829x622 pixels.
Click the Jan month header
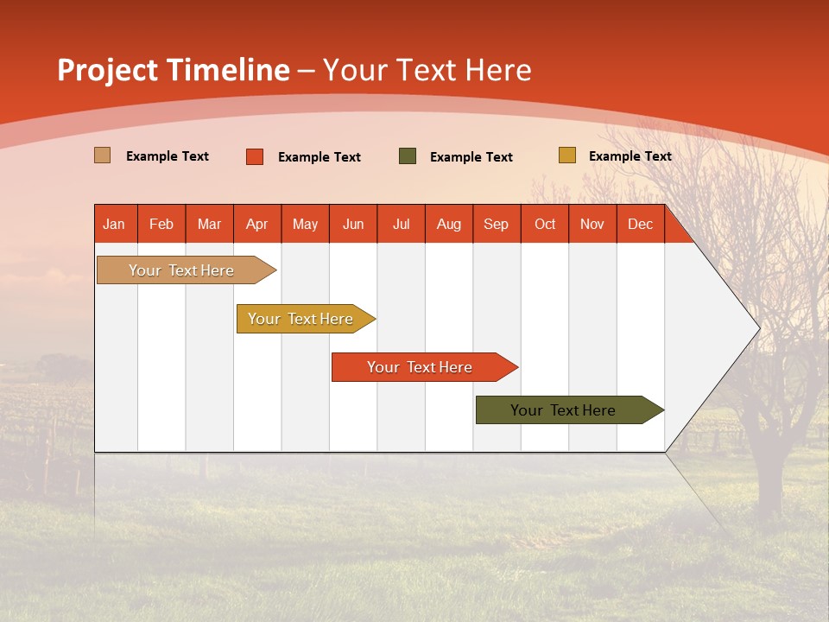tap(114, 224)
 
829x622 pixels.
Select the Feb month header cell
tap(161, 224)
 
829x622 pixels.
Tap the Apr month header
tap(256, 224)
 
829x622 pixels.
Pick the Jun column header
tap(353, 224)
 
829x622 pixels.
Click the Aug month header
tap(448, 224)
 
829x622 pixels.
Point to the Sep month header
tap(496, 224)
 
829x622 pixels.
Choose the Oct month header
tap(545, 224)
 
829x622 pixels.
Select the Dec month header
tap(640, 224)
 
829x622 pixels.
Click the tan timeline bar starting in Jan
tap(181, 270)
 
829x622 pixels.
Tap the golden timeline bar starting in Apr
tap(301, 319)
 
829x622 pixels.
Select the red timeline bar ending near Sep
tap(420, 367)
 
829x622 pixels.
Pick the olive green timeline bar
tap(563, 410)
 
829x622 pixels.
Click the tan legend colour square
tap(102, 155)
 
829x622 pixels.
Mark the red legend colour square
tap(255, 156)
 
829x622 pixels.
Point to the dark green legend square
tap(408, 156)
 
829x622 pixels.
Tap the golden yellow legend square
tap(566, 155)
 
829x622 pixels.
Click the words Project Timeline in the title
tap(173, 70)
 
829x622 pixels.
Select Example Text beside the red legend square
tap(320, 157)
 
